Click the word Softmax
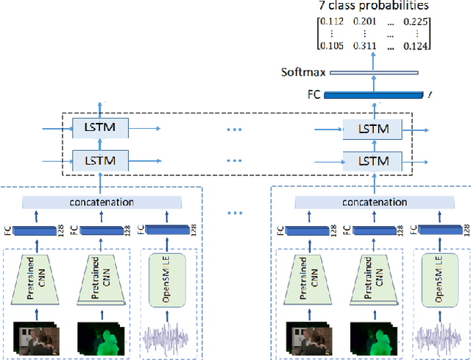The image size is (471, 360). coord(302,73)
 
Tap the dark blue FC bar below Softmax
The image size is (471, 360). coord(375,94)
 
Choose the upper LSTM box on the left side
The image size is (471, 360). coord(100,128)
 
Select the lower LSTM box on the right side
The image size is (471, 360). coord(372,159)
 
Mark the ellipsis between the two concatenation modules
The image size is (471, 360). coord(235,214)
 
